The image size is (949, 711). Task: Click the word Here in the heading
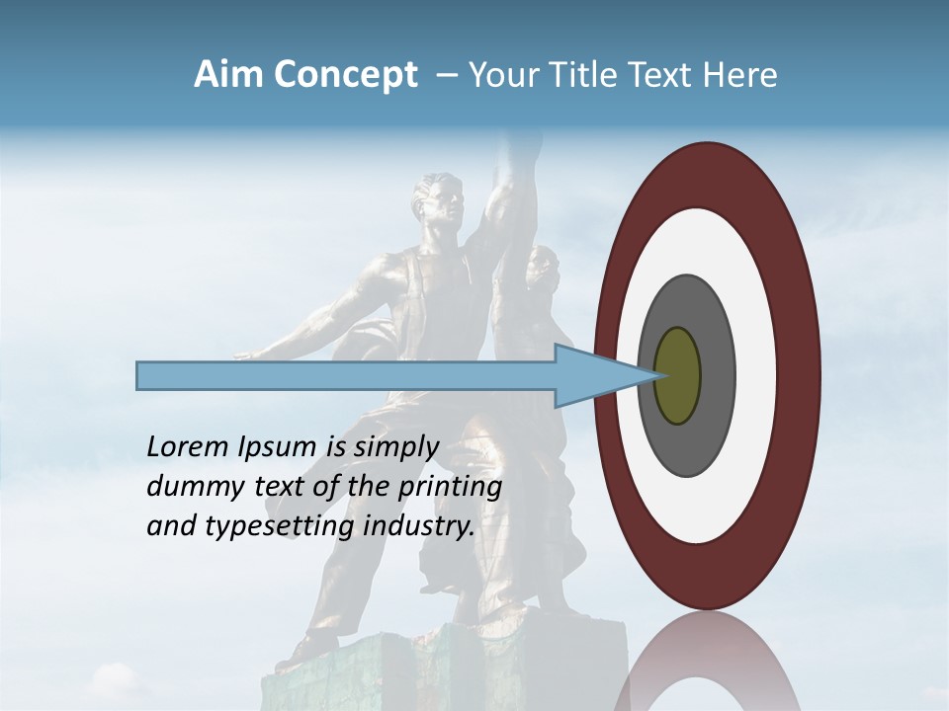(740, 75)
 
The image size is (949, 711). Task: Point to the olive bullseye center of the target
(678, 375)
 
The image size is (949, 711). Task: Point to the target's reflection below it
(707, 662)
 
